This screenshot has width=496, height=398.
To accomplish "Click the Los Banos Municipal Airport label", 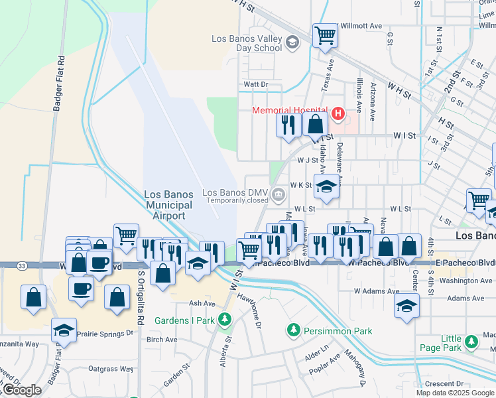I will pos(168,205).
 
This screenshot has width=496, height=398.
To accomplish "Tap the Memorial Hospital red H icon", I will pos(338,114).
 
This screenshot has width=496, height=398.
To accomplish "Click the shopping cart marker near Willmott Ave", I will pos(325,36).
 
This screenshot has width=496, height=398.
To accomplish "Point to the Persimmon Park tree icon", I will pos(292,330).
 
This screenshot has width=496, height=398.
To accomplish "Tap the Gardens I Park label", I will pos(185,320).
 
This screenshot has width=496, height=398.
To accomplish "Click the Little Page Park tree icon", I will pos(471,342).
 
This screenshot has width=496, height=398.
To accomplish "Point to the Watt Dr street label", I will pos(255,84).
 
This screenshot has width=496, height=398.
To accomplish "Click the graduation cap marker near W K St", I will pos(326,186).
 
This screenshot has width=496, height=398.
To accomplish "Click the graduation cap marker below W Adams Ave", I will pos(406,306).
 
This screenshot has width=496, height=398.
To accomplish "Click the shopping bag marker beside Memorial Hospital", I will pos(316,124).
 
